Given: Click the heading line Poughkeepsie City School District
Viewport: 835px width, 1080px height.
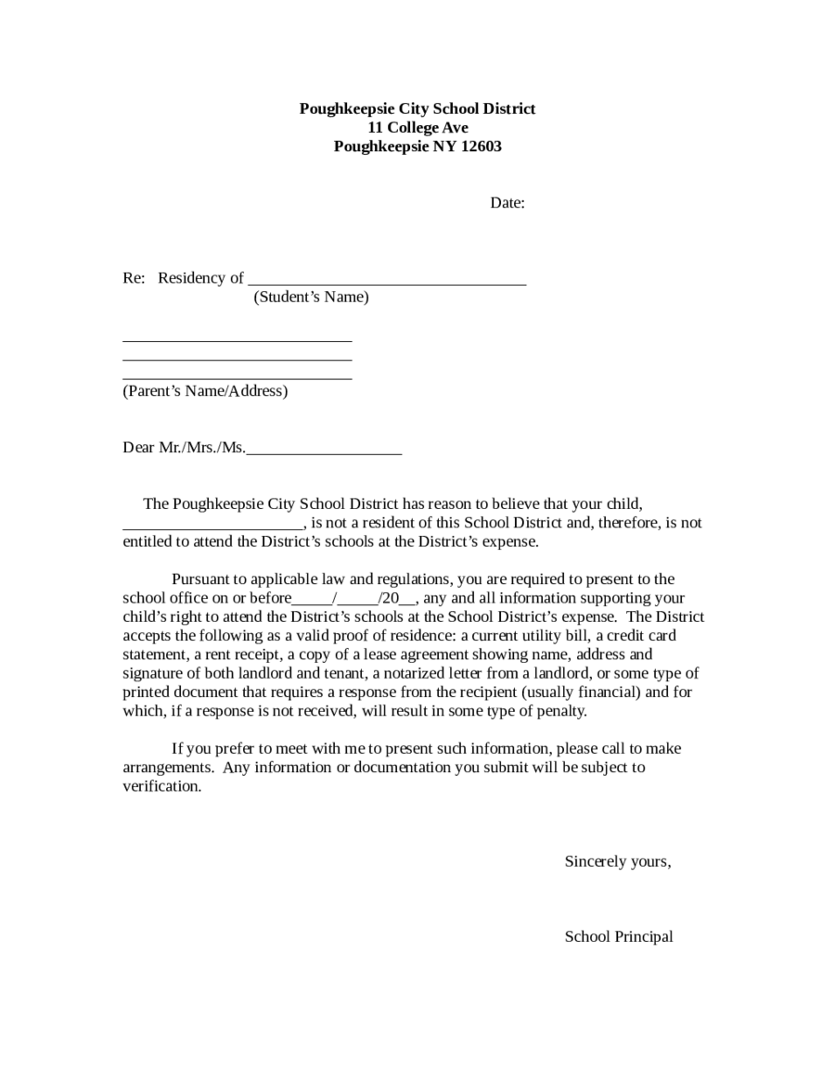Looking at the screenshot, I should tap(417, 108).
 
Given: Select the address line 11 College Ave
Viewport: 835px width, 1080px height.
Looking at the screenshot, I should tap(417, 127).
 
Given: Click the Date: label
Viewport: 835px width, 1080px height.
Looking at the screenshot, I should tap(507, 202).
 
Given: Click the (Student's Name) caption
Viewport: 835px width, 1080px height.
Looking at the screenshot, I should tap(311, 297).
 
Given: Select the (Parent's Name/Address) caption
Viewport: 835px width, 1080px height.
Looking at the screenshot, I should tap(205, 390).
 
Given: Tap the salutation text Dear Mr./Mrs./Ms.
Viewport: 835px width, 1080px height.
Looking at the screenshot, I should tap(184, 448).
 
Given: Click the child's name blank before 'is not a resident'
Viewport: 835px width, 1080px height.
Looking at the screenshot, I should tap(212, 525).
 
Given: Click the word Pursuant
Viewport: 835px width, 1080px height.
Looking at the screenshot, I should tap(201, 578).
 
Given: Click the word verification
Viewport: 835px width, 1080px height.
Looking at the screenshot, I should tap(161, 786).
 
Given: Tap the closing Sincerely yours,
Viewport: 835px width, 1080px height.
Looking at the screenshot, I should tap(617, 861).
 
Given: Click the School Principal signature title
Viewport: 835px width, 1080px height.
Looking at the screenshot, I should tap(619, 936).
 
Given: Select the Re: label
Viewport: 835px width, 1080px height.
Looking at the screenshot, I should tap(134, 277).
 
